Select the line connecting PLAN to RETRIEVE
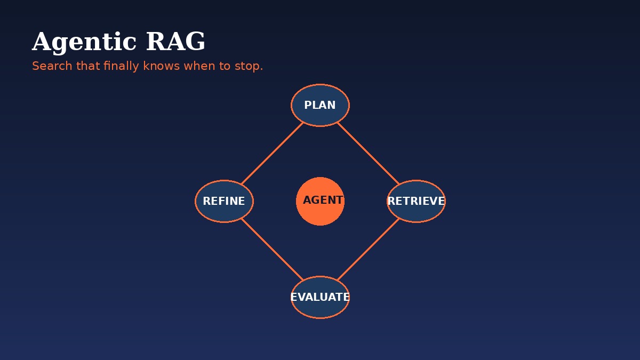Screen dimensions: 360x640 (x=368, y=153)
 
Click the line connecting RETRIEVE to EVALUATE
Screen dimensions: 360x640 (x=368, y=249)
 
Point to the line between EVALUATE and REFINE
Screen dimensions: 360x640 (x=272, y=249)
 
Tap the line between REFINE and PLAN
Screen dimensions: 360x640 (x=272, y=153)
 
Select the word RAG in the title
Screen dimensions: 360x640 (x=175, y=43)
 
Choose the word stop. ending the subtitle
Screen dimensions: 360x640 (x=249, y=66)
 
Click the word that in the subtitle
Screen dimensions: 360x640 (x=88, y=66)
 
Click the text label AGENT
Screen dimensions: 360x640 (x=323, y=201)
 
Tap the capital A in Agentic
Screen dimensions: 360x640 (x=41, y=43)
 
